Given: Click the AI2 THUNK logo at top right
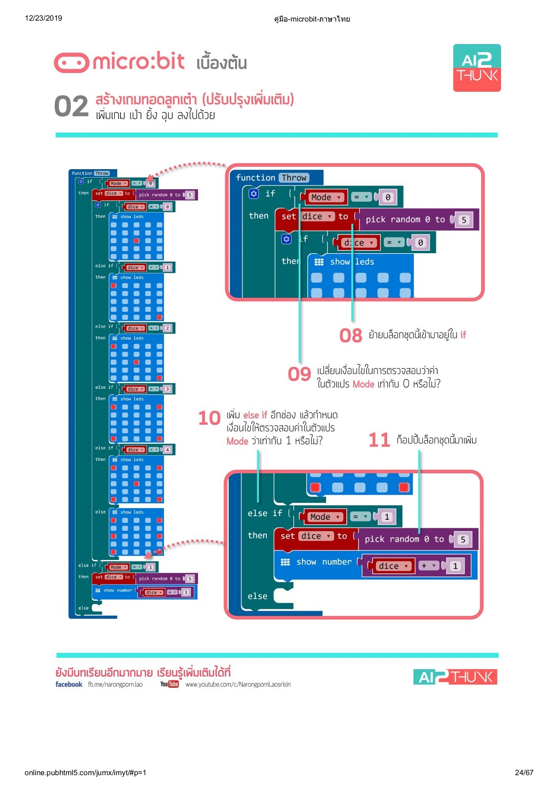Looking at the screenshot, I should pyautogui.click(x=477, y=68).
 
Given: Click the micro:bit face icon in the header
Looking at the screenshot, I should pyautogui.click(x=71, y=63).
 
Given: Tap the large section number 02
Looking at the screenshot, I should pyautogui.click(x=71, y=107).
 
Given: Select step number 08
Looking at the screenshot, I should pyautogui.click(x=350, y=336).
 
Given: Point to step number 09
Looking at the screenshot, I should pyautogui.click(x=299, y=374).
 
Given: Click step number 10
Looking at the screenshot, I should pyautogui.click(x=209, y=418).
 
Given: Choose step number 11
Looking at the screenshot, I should pyautogui.click(x=379, y=440).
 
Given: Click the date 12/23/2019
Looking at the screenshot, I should pyautogui.click(x=44, y=18).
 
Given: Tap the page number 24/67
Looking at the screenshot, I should pyautogui.click(x=524, y=773).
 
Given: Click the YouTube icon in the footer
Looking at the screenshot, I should pyautogui.click(x=169, y=684).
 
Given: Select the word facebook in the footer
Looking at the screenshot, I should pyautogui.click(x=69, y=684).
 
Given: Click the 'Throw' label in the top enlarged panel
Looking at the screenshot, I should pyautogui.click(x=294, y=178).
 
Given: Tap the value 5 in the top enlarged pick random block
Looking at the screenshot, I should pyautogui.click(x=464, y=220).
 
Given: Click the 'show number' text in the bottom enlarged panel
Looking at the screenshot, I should pyautogui.click(x=324, y=562).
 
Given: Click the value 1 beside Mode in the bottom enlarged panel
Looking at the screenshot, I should pyautogui.click(x=387, y=517).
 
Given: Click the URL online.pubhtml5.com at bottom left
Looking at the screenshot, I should pyautogui.click(x=85, y=773).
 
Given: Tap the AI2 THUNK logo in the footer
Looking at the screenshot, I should pyautogui.click(x=455, y=677).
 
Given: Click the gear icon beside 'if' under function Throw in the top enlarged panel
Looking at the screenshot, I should pyautogui.click(x=254, y=193).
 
